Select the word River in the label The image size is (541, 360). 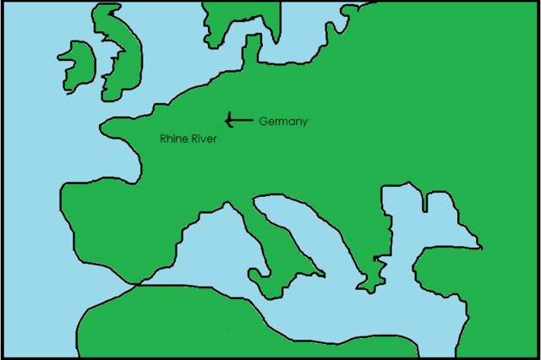coord(204,138)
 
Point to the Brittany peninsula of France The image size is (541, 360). coord(114,129)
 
